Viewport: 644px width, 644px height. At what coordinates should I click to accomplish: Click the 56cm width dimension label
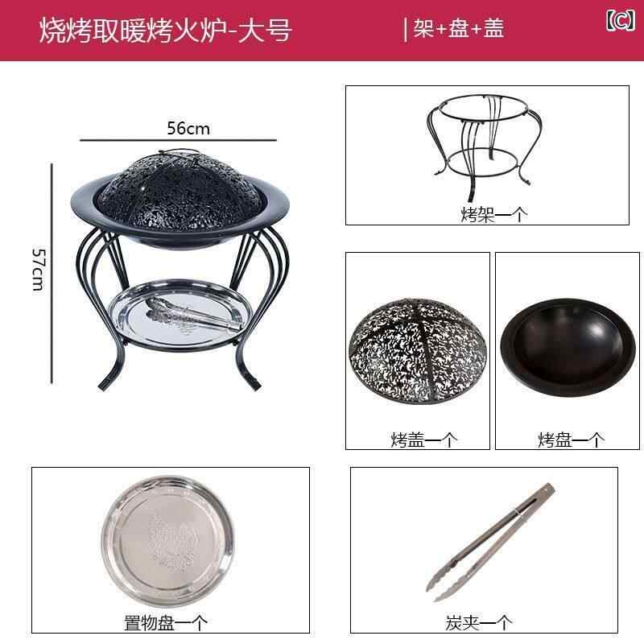[x=188, y=128]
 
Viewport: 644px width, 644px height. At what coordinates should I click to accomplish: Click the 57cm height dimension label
[x=38, y=270]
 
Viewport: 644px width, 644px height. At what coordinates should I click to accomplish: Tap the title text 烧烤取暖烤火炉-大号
[x=166, y=31]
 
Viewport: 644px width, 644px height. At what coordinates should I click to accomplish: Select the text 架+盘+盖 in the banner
[x=458, y=29]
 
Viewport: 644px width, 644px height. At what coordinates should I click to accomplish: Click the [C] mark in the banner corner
[x=620, y=20]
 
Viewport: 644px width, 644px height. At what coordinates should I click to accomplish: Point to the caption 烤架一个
[x=493, y=214]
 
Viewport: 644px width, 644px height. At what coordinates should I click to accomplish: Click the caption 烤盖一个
[x=424, y=440]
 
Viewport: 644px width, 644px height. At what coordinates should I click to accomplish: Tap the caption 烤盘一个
[x=571, y=440]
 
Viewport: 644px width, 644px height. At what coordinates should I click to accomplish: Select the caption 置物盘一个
[x=166, y=622]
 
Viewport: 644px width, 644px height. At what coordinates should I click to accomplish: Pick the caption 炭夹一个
[x=479, y=622]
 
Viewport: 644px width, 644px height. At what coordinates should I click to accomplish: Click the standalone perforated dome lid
[x=418, y=351]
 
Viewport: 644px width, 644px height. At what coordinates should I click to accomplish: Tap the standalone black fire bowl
[x=568, y=347]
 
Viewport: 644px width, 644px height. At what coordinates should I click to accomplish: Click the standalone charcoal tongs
[x=490, y=542]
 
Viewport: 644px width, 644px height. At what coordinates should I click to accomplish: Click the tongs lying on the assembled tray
[x=193, y=315]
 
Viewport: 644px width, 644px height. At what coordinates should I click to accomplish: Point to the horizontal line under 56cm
[x=178, y=140]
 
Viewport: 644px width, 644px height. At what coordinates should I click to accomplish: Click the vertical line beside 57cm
[x=52, y=274]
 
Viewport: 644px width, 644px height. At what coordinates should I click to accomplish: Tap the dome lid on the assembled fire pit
[x=180, y=192]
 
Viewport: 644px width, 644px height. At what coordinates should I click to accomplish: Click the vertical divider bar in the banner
[x=406, y=30]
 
